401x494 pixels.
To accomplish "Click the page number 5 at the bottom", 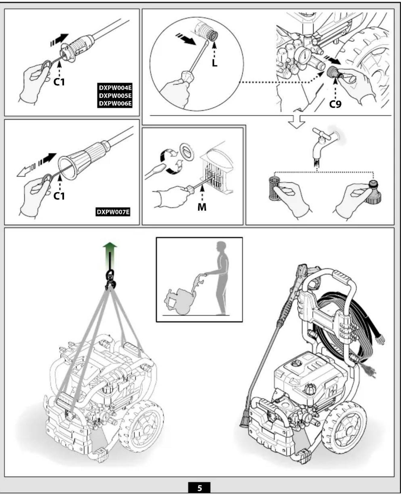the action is (x=199, y=488).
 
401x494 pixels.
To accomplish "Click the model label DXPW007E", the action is (x=113, y=212).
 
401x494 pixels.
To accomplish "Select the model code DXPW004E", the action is (x=115, y=88).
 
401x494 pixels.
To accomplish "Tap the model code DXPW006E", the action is (x=115, y=104).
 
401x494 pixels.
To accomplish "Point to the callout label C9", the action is (x=335, y=104).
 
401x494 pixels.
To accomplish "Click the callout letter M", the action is (x=202, y=207).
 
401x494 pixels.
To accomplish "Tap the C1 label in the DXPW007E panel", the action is (x=59, y=196).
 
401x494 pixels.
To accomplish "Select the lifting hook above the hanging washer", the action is (x=110, y=279).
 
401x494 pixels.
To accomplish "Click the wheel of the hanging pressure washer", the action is (x=141, y=426).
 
